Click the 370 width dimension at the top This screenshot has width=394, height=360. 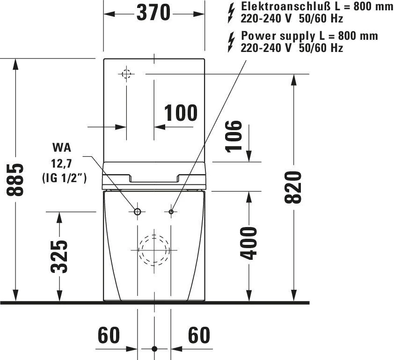[x=153, y=13]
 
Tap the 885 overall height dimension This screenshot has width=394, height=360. [x=15, y=180]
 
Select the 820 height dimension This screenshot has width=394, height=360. [x=293, y=187]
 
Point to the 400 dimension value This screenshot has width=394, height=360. [x=248, y=243]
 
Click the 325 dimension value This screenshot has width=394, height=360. [x=59, y=257]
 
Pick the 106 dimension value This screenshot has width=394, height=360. [x=233, y=137]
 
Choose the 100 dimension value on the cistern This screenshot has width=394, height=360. [x=181, y=113]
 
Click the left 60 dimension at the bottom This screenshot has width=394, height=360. [x=109, y=335]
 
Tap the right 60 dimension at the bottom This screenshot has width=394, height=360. [x=199, y=335]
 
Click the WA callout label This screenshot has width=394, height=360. [x=62, y=147]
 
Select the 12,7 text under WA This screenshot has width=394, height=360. [x=62, y=164]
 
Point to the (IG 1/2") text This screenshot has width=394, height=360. [x=64, y=178]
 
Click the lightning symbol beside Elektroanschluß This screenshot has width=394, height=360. [x=231, y=13]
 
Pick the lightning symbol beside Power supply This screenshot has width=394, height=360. [x=231, y=42]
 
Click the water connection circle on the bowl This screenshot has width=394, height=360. [x=138, y=212]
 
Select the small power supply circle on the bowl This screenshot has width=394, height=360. [x=171, y=212]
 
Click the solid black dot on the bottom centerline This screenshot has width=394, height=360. [x=154, y=349]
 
